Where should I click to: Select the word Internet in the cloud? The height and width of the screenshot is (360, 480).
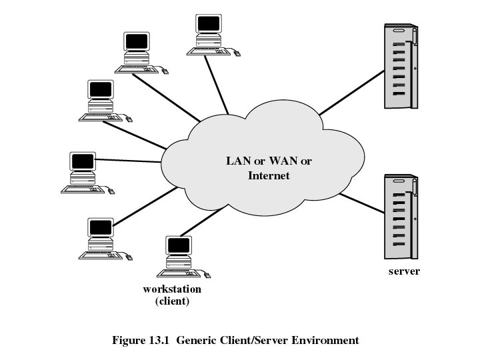coord(269,176)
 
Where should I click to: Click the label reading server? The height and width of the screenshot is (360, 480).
coord(404,271)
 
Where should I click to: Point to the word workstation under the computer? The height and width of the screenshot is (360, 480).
coord(172,289)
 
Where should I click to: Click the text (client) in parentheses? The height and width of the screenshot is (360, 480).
coord(172,301)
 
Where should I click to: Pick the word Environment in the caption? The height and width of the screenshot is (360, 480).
coord(326,340)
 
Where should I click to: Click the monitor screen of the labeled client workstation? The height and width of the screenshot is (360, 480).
coord(179,245)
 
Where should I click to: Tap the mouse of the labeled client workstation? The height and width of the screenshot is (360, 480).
coord(208,274)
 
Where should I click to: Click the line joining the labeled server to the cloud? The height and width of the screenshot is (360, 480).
coord(361,204)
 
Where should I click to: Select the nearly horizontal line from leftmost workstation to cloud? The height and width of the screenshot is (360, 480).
coord(130,160)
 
